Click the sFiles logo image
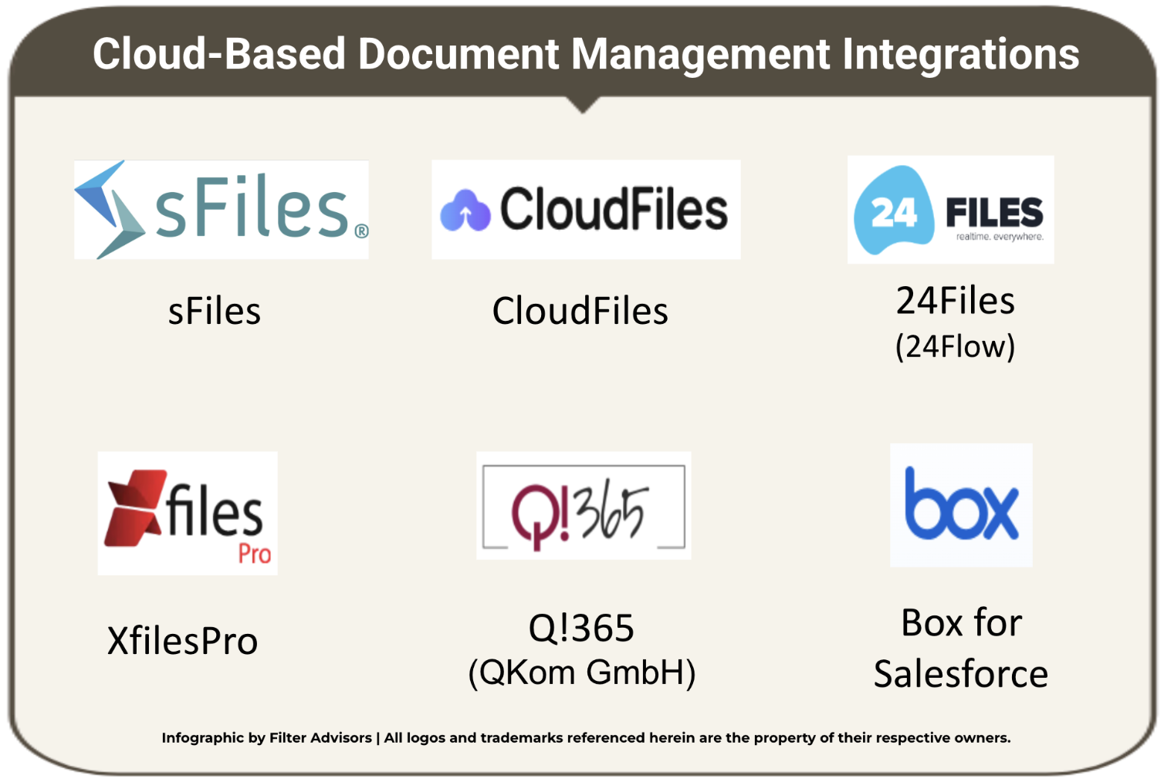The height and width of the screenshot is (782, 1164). pyautogui.click(x=221, y=209)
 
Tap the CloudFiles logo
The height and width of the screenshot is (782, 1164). pyautogui.click(x=585, y=209)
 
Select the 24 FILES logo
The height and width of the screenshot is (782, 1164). pyautogui.click(x=950, y=210)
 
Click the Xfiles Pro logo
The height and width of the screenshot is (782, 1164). pyautogui.click(x=188, y=513)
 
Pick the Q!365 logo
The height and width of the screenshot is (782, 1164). pyautogui.click(x=584, y=506)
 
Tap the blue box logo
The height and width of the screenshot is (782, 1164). pyautogui.click(x=961, y=505)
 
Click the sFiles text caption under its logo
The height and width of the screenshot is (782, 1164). pyautogui.click(x=215, y=312)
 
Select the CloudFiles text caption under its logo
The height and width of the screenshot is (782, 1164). pyautogui.click(x=580, y=312)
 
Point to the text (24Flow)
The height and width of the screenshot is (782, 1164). pyautogui.click(x=955, y=346)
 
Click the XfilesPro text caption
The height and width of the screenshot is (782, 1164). pyautogui.click(x=182, y=641)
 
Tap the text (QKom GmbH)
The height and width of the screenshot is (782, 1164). pyautogui.click(x=582, y=672)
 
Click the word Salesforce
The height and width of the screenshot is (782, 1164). pyautogui.click(x=961, y=674)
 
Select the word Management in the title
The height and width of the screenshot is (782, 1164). pyautogui.click(x=700, y=54)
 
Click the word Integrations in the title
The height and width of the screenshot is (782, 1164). pyautogui.click(x=961, y=54)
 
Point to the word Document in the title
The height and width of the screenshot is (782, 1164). pyautogui.click(x=458, y=54)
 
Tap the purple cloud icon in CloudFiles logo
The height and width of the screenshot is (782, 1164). pyautogui.click(x=465, y=211)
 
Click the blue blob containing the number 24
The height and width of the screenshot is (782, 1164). pyautogui.click(x=892, y=210)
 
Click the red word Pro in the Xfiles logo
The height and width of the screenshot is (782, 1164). pyautogui.click(x=254, y=554)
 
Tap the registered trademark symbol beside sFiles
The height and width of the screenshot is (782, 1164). pyautogui.click(x=361, y=231)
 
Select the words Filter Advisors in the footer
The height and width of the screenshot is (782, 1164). pyautogui.click(x=320, y=738)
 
